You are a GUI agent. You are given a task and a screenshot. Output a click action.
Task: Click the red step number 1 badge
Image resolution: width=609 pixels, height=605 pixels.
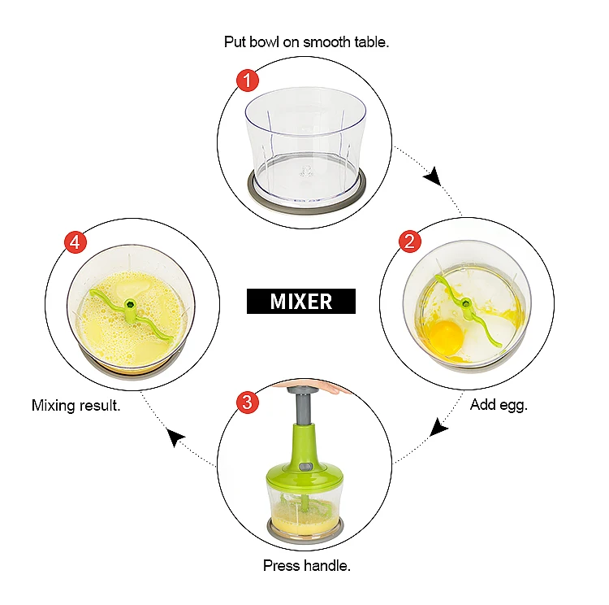(248, 81)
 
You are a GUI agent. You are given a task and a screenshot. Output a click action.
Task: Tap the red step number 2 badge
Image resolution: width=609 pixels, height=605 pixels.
(410, 242)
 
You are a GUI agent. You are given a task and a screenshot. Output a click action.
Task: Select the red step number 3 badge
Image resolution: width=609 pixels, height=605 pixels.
(248, 402)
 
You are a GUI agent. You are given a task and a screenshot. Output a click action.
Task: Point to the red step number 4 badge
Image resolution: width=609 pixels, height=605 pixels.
(76, 242)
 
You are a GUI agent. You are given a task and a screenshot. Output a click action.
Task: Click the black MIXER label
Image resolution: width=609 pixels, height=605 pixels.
(301, 301)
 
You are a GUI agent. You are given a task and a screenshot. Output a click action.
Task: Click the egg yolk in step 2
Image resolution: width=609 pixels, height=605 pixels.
(447, 337)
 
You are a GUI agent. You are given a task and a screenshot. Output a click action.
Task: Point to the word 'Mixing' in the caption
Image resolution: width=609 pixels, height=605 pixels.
(54, 407)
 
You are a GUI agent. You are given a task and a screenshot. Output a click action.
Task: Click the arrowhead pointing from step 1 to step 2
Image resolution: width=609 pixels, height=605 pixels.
(433, 176)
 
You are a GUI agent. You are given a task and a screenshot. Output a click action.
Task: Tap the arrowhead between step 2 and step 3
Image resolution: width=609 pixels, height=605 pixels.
(438, 428)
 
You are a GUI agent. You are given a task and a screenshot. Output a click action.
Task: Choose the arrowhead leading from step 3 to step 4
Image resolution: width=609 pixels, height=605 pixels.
(175, 437)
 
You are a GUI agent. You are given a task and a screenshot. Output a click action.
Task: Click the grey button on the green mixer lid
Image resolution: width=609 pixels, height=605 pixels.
(304, 466)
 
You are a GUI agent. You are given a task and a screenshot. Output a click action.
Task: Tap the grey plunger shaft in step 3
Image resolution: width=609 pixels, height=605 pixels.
(304, 407)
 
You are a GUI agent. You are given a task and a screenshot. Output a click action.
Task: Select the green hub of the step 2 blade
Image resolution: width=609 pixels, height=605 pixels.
(466, 302)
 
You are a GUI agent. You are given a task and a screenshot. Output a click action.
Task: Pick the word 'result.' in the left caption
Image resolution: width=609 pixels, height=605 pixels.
(100, 406)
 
